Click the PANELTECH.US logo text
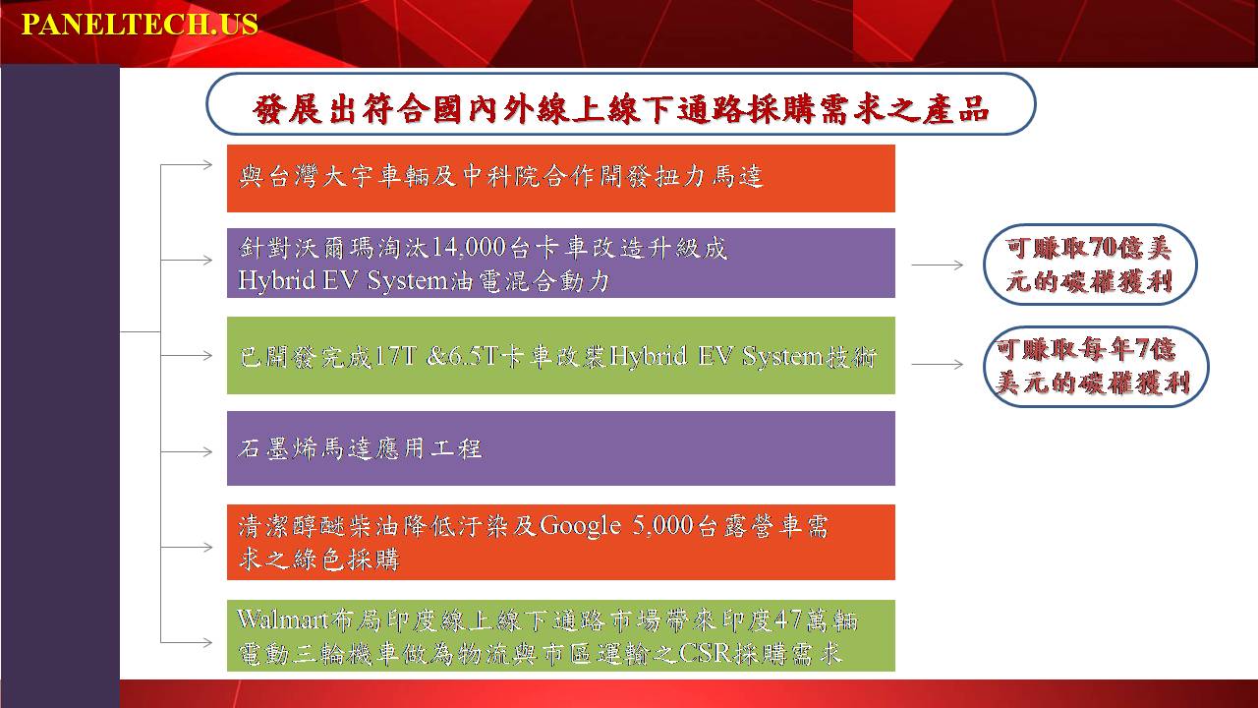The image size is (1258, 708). point(140,25)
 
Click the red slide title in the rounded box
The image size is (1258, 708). point(620,109)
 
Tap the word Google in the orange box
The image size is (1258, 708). point(580,526)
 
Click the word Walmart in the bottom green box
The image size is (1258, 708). point(282,619)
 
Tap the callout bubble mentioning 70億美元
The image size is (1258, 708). point(1090,265)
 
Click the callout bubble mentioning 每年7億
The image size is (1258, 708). point(1096,367)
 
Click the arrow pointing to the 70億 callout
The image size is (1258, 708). point(938,265)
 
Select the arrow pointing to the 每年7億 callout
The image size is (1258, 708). point(938,364)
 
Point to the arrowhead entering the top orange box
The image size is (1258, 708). point(206,164)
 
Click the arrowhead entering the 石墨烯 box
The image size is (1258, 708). point(206,451)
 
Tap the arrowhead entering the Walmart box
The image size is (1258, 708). point(206,642)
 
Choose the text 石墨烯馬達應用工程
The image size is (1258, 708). point(360,448)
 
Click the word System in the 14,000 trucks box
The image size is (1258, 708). point(407,281)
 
